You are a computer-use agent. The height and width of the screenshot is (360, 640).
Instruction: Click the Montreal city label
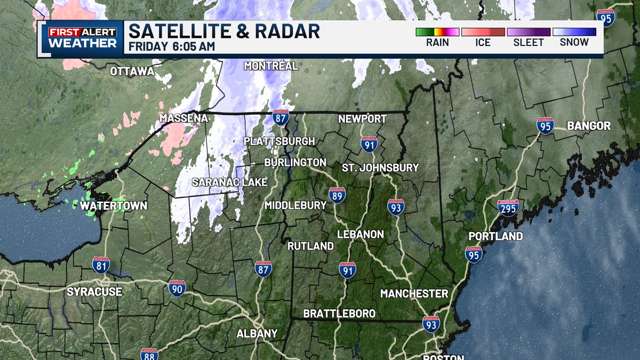tap(271, 66)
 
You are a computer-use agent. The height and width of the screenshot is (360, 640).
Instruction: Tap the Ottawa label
tap(132, 71)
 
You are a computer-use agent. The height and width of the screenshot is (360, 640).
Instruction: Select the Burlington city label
tap(295, 162)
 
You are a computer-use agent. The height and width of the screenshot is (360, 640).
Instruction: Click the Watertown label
tap(114, 205)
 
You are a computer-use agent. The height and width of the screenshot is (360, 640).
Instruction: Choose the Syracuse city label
tap(94, 292)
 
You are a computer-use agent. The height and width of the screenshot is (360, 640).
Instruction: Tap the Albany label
tap(258, 333)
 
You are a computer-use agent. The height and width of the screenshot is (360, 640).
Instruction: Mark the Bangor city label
tap(589, 126)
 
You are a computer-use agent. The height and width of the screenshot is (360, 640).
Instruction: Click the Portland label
tap(495, 236)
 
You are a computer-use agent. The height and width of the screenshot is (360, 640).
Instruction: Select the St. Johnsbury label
tap(380, 167)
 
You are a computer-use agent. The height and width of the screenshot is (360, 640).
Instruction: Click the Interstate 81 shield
tap(101, 266)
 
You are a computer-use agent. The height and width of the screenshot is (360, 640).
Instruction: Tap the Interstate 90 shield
tap(177, 289)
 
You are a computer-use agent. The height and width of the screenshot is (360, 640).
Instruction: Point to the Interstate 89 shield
tap(337, 195)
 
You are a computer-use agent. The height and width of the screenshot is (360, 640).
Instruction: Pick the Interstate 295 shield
tap(508, 208)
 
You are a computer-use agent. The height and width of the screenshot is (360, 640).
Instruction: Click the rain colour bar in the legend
tap(437, 32)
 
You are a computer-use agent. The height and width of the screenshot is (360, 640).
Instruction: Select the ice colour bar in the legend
tap(483, 32)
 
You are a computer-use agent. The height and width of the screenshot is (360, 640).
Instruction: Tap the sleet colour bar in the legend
tap(529, 32)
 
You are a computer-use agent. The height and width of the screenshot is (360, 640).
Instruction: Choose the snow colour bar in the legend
tap(574, 32)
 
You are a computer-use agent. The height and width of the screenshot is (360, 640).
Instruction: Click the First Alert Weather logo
tap(82, 38)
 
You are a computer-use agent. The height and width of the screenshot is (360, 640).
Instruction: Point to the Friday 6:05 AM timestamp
tap(172, 46)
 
